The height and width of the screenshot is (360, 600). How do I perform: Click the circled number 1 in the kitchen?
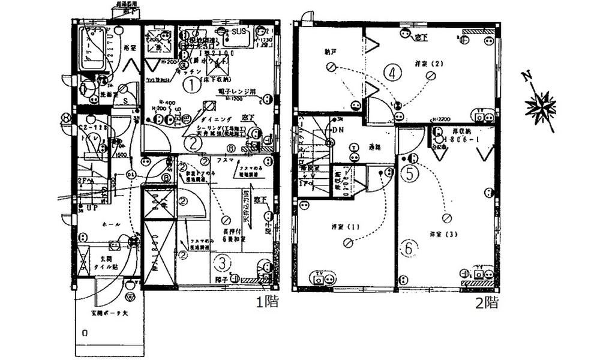point(191,85)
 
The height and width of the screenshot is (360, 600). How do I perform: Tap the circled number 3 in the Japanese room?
point(222,262)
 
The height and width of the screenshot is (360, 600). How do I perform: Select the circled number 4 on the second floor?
point(392,73)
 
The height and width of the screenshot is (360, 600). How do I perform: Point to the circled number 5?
point(410,173)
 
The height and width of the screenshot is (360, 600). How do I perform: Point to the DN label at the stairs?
point(337,130)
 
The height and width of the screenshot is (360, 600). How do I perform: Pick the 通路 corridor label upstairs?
point(376,147)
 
